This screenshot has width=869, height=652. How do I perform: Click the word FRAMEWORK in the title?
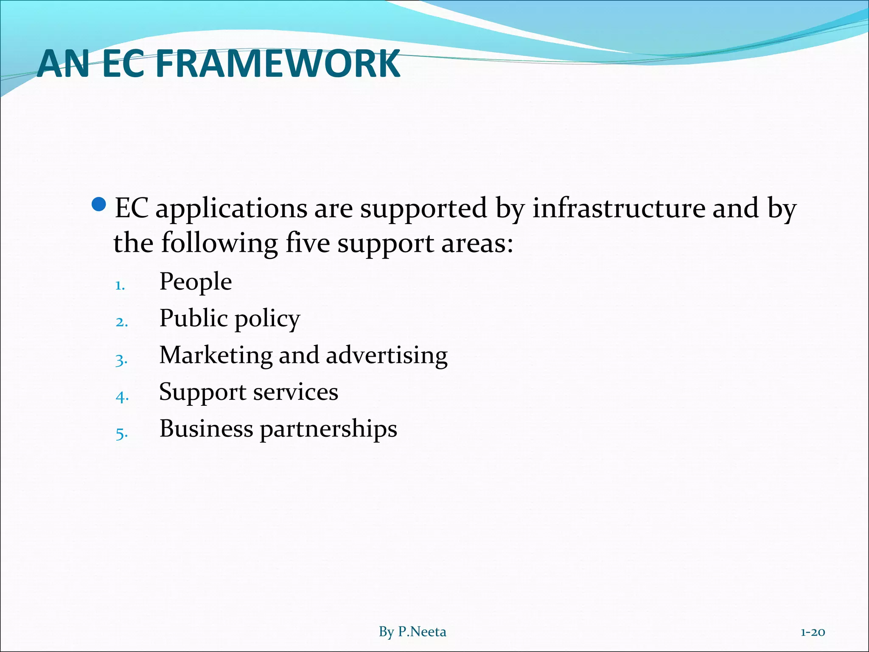278,64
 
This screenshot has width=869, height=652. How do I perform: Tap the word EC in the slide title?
123,64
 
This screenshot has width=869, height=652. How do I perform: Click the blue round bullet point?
98,205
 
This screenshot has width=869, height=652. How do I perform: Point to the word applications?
231,209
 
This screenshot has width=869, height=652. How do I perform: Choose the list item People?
196,281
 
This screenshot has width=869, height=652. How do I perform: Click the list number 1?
120,285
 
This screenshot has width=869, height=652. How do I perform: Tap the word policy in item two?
267,319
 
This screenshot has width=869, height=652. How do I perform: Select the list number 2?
121,322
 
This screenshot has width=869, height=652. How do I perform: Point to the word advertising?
387,356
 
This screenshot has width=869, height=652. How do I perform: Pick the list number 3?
121,360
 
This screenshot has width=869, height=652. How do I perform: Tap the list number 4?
122,397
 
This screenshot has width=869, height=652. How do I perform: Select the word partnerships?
328,429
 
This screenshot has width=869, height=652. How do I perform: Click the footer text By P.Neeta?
412,632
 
